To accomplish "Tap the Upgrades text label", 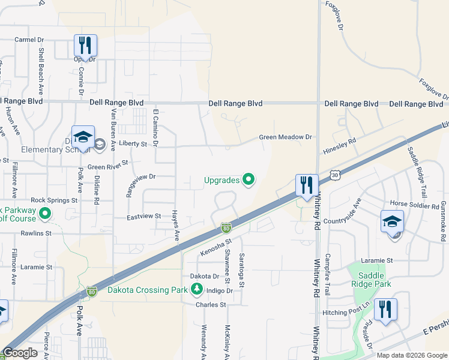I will [222, 180].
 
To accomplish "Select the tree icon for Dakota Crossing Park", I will [196, 290].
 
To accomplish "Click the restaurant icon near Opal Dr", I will [85, 45].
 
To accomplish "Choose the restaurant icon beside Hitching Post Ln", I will [385, 310].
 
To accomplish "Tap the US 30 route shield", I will [335, 175].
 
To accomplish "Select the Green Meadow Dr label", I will [286, 137].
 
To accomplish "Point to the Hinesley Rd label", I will [356, 140].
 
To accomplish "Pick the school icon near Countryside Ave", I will [393, 221].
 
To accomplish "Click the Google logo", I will [20, 353].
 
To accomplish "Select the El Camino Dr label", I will [155, 128].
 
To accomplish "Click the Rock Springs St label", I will [55, 200].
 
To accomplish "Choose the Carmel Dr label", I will [29, 40].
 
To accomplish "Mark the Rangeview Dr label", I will [140, 177].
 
